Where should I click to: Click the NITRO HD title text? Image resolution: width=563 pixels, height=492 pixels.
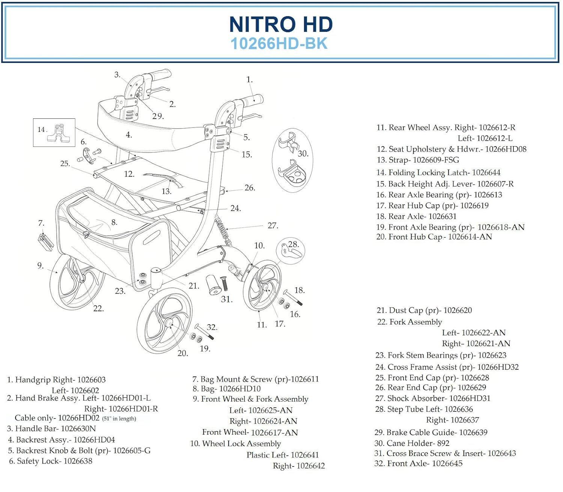[x=281, y=24]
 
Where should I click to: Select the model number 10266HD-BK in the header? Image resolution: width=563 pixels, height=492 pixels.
[x=279, y=44]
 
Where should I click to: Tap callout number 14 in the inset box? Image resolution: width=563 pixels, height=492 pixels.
[x=41, y=130]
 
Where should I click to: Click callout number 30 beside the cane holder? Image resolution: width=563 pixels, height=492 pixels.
[x=303, y=154]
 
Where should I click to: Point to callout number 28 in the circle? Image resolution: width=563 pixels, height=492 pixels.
[x=293, y=244]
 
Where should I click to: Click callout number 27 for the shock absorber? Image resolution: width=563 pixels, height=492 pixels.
[x=272, y=226]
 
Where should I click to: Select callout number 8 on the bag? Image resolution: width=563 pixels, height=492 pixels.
[x=114, y=222]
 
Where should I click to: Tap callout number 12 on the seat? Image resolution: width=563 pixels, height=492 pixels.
[x=129, y=174]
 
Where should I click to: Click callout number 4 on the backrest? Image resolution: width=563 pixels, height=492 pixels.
[x=129, y=135]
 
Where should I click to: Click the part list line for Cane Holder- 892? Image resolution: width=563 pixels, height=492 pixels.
[x=412, y=443]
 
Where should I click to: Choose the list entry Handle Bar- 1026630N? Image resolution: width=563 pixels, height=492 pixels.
[x=51, y=429]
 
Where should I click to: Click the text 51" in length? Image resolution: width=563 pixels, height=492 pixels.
[x=119, y=419]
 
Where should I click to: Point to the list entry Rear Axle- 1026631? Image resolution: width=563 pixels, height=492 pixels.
[x=416, y=217]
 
